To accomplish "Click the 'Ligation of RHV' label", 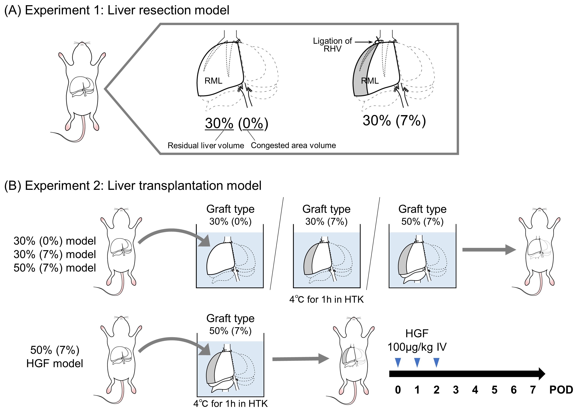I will (x=332, y=45).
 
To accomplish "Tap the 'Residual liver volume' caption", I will (x=206, y=145).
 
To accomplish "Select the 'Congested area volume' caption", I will (x=293, y=145).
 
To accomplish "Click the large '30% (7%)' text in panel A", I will (x=394, y=120).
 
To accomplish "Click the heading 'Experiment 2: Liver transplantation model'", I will (x=133, y=185).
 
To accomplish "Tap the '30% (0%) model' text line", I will (x=55, y=241).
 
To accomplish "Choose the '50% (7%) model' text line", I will (x=55, y=268).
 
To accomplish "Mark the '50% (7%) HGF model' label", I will (x=55, y=357).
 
